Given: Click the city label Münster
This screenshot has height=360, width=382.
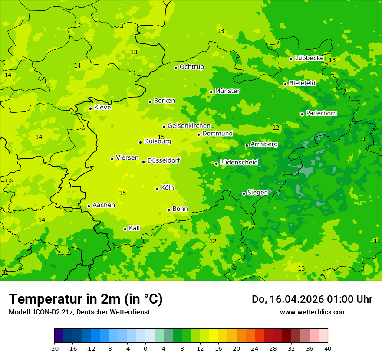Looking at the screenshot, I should (x=227, y=91).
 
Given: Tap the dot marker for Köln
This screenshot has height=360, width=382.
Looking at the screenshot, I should (x=157, y=189).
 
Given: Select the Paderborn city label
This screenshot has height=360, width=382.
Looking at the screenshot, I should (x=322, y=113).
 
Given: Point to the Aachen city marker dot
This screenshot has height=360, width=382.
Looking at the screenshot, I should (x=89, y=206).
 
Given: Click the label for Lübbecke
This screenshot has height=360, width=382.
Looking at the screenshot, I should (x=309, y=58).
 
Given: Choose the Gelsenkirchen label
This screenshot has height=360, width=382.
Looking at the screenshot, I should (x=189, y=126).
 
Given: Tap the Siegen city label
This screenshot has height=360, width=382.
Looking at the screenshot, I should (x=257, y=193).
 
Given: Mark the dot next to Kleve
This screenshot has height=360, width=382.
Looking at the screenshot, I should (x=90, y=108).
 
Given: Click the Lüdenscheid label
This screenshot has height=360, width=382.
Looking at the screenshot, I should (x=239, y=163).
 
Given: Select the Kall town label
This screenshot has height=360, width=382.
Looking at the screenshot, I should (x=135, y=228).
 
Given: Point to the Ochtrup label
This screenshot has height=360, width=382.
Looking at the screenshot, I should (x=192, y=67).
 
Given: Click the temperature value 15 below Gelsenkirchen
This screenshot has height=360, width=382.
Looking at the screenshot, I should (x=161, y=137).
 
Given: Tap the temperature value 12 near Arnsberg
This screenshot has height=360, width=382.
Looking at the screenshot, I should (x=276, y=128).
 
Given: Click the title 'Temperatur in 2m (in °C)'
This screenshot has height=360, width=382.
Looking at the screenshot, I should (x=86, y=299).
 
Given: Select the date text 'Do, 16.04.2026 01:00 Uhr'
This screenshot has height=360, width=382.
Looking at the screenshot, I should (x=312, y=299).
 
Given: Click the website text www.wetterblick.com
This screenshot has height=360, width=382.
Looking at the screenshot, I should (x=313, y=312).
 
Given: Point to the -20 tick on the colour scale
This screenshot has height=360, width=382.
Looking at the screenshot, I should (x=54, y=349).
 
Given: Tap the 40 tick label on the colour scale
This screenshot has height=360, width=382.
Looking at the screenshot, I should (x=327, y=349).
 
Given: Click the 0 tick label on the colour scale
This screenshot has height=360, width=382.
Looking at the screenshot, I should (x=145, y=349).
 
